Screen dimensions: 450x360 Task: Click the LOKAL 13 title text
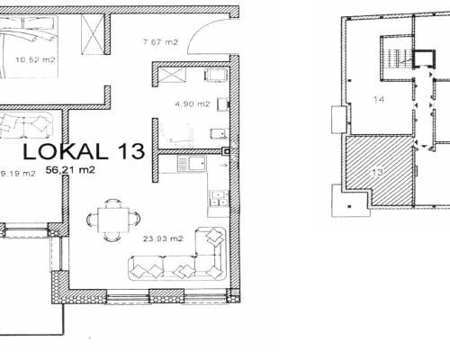[x=84, y=151]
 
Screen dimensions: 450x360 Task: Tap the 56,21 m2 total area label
[x=70, y=170]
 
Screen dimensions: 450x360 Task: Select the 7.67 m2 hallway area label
[x=160, y=42]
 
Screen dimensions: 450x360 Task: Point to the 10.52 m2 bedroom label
[x=35, y=59]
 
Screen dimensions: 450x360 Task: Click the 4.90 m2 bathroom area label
[x=193, y=104]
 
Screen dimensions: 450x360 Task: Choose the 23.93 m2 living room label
[x=163, y=238]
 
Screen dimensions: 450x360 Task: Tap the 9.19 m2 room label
[x=18, y=174]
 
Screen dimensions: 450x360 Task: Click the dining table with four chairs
[x=113, y=220]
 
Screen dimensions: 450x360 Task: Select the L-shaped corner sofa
[x=177, y=254]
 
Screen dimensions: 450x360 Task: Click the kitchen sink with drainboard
[x=192, y=164]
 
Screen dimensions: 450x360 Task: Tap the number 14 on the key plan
[x=379, y=99]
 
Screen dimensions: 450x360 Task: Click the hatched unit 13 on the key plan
[x=379, y=172]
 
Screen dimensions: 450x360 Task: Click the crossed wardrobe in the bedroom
[x=93, y=34]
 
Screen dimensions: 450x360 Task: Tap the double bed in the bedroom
[x=29, y=47]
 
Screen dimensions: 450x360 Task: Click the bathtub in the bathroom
[x=176, y=131]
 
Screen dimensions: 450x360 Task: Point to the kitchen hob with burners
[x=219, y=198]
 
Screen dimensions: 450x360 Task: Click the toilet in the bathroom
[x=220, y=133]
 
